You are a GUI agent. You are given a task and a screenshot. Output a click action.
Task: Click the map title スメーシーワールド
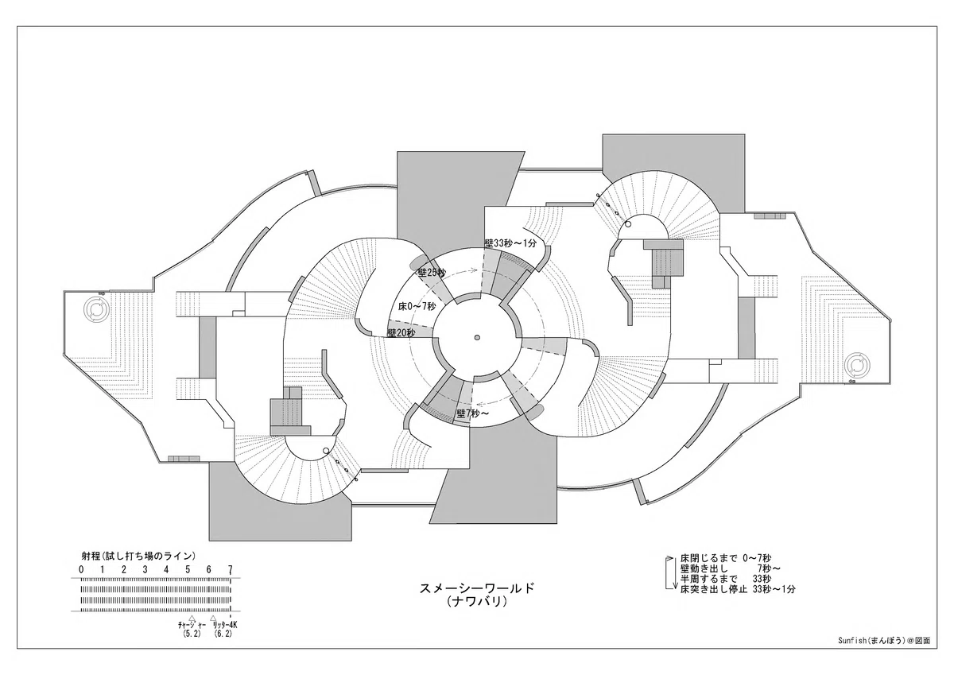(476, 588)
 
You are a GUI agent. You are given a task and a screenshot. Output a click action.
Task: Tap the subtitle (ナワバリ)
(476, 602)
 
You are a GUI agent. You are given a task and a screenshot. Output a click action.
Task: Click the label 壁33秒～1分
(510, 243)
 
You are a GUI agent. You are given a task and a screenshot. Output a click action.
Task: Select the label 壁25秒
(432, 273)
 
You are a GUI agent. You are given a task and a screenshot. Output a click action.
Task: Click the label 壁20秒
(401, 333)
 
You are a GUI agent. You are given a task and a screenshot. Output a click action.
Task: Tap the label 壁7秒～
(473, 413)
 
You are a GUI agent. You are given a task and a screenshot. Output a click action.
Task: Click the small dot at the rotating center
(477, 338)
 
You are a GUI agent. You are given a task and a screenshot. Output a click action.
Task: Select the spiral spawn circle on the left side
(97, 308)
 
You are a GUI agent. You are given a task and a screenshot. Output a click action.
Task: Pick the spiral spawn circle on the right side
(857, 366)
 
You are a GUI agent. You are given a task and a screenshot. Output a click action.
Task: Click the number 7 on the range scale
(230, 569)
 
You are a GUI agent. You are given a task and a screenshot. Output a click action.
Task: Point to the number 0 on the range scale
(81, 569)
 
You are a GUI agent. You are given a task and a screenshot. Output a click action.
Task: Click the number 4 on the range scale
(166, 569)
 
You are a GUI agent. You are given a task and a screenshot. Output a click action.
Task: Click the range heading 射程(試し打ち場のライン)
(138, 556)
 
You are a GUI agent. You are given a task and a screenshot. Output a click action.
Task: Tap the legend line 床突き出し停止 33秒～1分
(738, 589)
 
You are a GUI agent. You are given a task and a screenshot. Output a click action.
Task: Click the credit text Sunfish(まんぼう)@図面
(884, 652)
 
